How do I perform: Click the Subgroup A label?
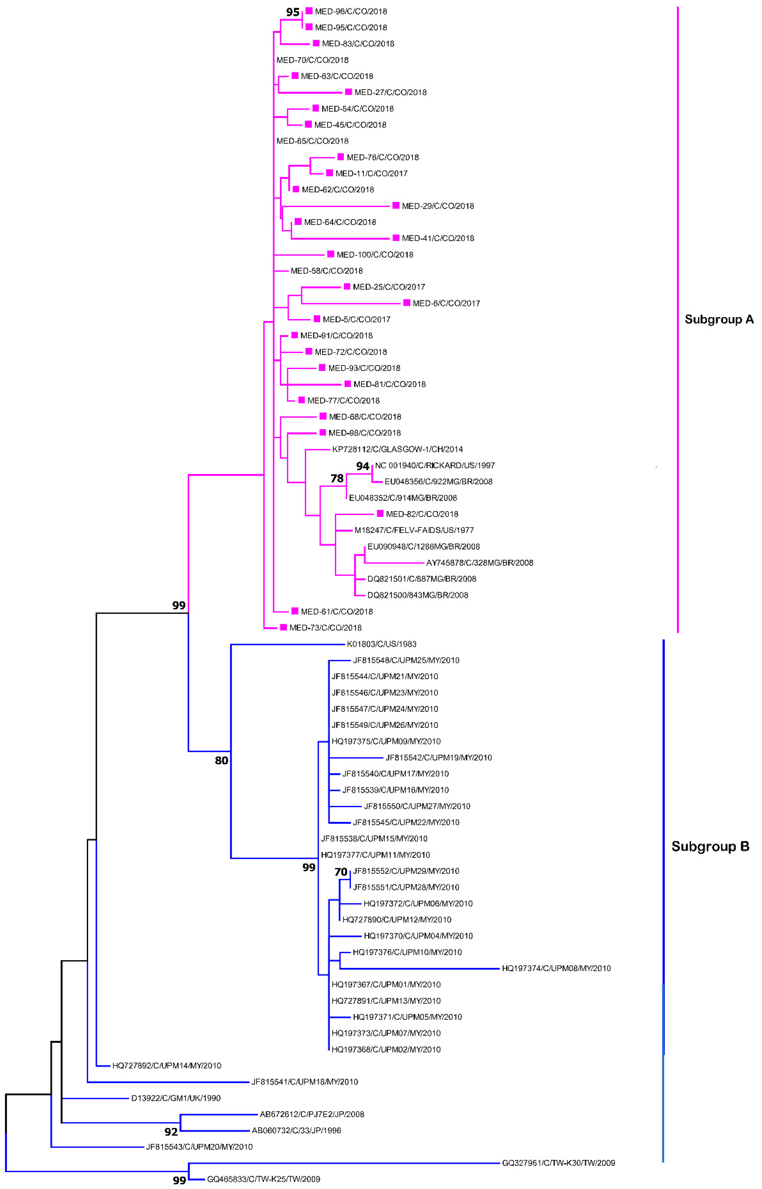click(718, 319)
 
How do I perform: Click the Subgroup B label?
click(710, 846)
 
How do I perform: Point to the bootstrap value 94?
click(363, 466)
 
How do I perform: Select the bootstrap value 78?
click(337, 478)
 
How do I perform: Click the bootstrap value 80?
click(221, 760)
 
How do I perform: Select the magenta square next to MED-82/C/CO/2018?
click(380, 514)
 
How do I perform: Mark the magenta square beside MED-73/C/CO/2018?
click(284, 627)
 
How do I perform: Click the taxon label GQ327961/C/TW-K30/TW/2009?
click(558, 1163)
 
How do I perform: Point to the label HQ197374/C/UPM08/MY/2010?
click(556, 968)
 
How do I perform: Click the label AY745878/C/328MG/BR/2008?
click(480, 563)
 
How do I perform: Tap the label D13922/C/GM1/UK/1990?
click(176, 1098)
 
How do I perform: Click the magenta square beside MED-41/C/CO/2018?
click(396, 238)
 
